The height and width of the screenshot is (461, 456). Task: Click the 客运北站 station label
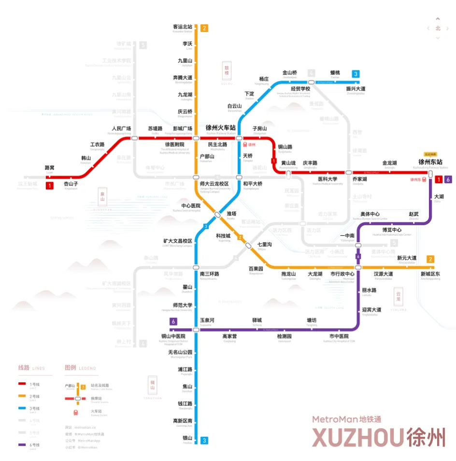[x=183, y=27]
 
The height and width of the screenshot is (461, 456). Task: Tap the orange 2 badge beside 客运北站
[x=204, y=28]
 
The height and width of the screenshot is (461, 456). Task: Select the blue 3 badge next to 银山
[x=204, y=440]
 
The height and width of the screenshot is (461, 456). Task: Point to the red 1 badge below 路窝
[x=50, y=185]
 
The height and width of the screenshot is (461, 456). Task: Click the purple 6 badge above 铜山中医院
[x=173, y=322]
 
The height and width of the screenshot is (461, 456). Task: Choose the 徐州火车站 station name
[x=221, y=128]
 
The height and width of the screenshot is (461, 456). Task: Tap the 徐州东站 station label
[x=430, y=162]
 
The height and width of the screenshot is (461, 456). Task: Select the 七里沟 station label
[x=264, y=245]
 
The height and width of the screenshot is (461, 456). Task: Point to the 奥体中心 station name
[x=370, y=214]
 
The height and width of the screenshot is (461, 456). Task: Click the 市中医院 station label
[x=339, y=336]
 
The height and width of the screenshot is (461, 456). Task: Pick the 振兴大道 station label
[x=356, y=89]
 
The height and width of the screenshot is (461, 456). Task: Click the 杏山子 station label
[x=71, y=184]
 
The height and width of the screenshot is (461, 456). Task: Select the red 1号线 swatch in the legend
[x=22, y=384]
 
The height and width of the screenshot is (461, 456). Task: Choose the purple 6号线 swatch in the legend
[x=22, y=445]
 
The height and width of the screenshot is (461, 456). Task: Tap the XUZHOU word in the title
[x=357, y=437]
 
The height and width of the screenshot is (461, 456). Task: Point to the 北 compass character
[x=438, y=28]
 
